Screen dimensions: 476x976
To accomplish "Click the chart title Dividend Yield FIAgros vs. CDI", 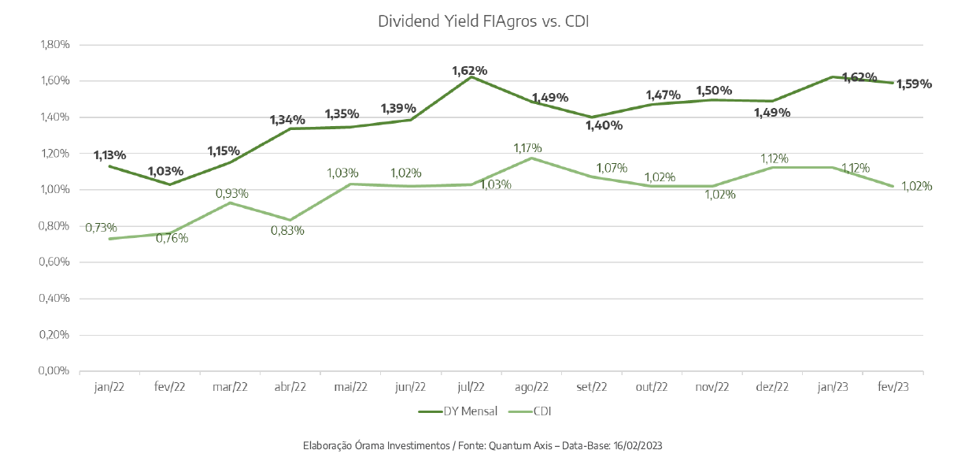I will click(483, 21).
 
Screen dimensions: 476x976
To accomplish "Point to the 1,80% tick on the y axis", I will click(54, 44).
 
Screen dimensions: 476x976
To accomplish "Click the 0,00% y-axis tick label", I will click(54, 371).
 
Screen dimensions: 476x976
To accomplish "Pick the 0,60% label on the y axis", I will click(54, 262).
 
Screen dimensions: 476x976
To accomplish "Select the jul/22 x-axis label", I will click(471, 387).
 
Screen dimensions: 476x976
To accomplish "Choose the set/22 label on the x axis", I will click(592, 387).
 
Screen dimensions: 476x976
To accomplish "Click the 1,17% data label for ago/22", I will click(527, 147).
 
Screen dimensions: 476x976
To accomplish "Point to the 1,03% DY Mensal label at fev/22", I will click(165, 170).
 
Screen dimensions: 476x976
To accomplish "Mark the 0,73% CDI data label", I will click(101, 228).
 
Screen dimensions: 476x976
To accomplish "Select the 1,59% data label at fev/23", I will click(914, 84).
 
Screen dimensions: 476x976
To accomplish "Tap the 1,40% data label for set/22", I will click(605, 125).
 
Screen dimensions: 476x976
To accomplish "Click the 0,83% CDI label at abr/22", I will click(287, 231).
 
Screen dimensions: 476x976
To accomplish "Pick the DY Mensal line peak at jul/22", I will click(471, 76).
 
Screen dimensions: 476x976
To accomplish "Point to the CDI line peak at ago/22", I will click(532, 158).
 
